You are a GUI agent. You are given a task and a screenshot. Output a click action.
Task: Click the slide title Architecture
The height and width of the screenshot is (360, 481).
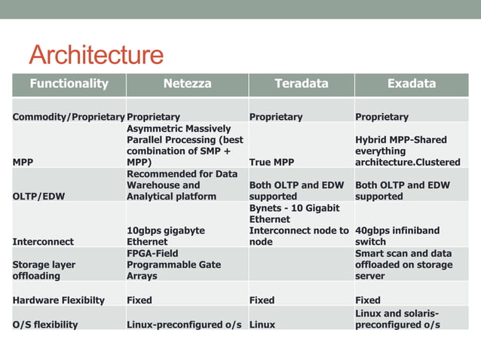click(96, 55)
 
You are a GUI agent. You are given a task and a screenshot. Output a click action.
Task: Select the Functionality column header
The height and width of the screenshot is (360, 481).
click(69, 84)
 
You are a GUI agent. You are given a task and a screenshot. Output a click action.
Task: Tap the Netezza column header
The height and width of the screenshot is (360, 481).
click(187, 84)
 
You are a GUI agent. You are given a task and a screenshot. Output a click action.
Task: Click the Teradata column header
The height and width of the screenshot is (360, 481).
click(301, 84)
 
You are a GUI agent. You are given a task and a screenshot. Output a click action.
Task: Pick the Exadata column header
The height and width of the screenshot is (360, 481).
click(411, 84)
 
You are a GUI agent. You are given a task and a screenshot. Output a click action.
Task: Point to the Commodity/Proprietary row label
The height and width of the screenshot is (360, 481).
click(69, 117)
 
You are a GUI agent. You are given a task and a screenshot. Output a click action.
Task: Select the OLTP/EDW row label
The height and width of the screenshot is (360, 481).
click(38, 197)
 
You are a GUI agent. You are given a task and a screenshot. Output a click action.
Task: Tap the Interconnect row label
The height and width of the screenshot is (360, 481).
click(43, 242)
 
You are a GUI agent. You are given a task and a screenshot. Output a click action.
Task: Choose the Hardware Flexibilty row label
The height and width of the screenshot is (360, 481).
click(63, 300)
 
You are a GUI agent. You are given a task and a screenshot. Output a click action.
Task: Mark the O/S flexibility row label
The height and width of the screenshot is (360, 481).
click(47, 325)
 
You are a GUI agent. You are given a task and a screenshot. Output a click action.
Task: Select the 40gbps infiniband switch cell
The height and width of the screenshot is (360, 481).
click(397, 236)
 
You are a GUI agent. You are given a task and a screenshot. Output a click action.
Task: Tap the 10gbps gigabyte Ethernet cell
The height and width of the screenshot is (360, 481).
click(166, 236)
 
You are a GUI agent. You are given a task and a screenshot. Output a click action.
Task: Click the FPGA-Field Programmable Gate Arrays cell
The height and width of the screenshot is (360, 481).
click(176, 265)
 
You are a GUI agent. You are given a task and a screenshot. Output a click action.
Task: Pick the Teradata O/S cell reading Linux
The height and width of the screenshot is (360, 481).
click(262, 325)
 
